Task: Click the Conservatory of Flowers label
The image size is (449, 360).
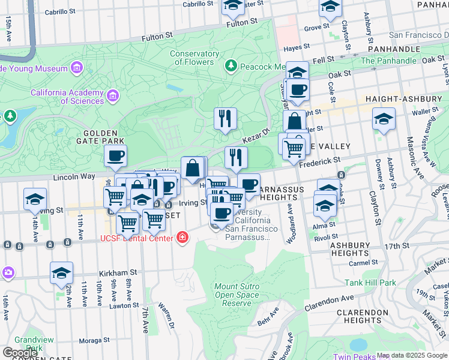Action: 194,58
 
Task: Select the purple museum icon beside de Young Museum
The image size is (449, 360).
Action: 76,69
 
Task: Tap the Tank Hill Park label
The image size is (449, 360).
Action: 370,282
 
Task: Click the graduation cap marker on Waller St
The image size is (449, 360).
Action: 384,120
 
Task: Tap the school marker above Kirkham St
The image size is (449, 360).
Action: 61,274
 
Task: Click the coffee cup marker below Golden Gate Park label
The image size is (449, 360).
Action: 115,157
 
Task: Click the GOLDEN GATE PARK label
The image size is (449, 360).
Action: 104,137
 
